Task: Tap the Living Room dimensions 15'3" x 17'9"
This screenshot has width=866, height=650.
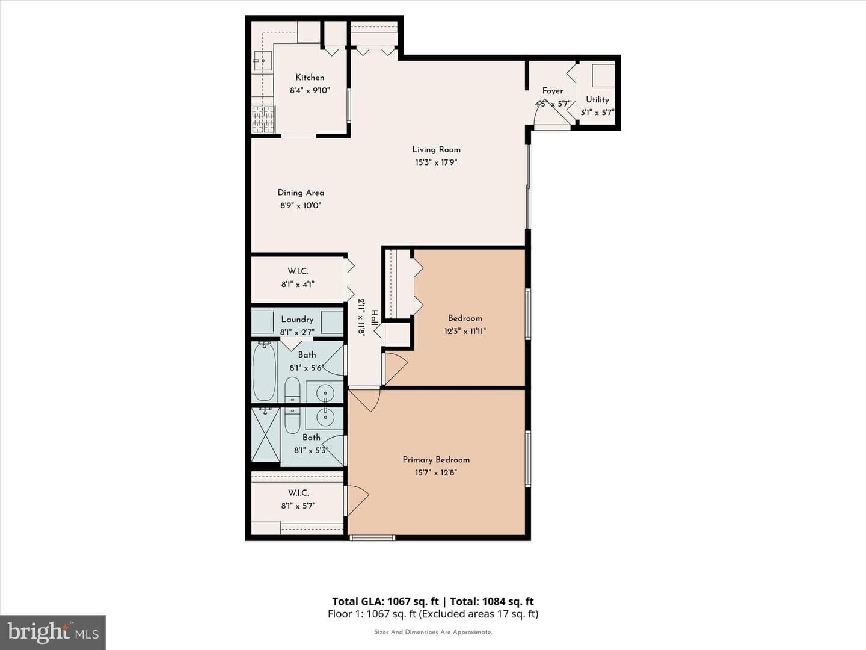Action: coord(436,162)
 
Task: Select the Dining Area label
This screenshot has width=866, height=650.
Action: coord(301,193)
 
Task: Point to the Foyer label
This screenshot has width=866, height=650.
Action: coord(552,91)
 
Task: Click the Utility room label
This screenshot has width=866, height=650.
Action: coord(597,99)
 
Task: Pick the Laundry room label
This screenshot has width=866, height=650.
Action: coord(297,319)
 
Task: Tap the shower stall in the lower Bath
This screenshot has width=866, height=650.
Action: coord(266,435)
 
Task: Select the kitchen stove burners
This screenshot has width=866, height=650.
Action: coord(263,119)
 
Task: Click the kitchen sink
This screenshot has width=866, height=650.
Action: coord(263,61)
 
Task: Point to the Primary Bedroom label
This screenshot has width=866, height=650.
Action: coord(436,460)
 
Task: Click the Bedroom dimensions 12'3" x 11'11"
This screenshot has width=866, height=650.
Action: coord(465,331)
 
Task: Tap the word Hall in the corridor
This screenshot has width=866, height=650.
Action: coord(374,318)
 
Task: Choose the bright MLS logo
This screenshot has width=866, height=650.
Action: coord(53,633)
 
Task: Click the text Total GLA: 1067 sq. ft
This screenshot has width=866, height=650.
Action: coord(385,601)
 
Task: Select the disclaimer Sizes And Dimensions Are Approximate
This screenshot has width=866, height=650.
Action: coord(433,632)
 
